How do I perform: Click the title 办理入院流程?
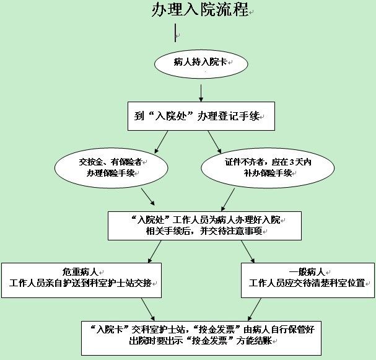click(x=200, y=10)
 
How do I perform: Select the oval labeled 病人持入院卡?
click(x=201, y=64)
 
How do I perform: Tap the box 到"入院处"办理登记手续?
click(x=201, y=116)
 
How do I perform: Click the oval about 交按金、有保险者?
click(x=111, y=168)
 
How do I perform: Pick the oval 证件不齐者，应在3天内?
click(x=268, y=168)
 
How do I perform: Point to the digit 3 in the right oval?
click(x=292, y=162)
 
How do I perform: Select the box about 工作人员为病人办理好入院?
click(x=204, y=226)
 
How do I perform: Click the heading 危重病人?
click(x=80, y=272)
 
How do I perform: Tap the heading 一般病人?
click(x=307, y=272)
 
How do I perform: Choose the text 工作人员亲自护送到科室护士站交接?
click(x=81, y=283)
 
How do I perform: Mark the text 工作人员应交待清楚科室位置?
click(x=307, y=283)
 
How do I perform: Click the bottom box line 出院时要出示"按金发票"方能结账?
click(x=201, y=341)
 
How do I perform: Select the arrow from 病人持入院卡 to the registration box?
click(x=201, y=93)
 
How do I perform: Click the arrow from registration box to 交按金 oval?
click(x=161, y=142)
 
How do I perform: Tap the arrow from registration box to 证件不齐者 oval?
click(x=214, y=142)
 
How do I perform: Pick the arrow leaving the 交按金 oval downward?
click(x=148, y=196)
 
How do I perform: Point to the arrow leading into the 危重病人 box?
click(x=155, y=252)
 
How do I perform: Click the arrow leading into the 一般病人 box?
click(x=248, y=252)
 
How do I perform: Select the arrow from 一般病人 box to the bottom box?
click(x=255, y=309)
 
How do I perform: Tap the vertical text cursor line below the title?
click(x=175, y=33)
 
